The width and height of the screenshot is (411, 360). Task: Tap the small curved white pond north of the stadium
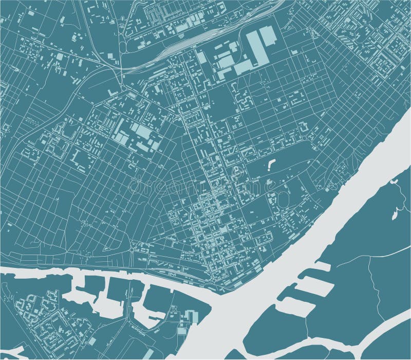pos(271,165)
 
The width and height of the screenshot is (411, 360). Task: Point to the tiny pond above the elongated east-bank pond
pos(395,182)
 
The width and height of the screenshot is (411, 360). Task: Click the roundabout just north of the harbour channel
pos(135,250)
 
